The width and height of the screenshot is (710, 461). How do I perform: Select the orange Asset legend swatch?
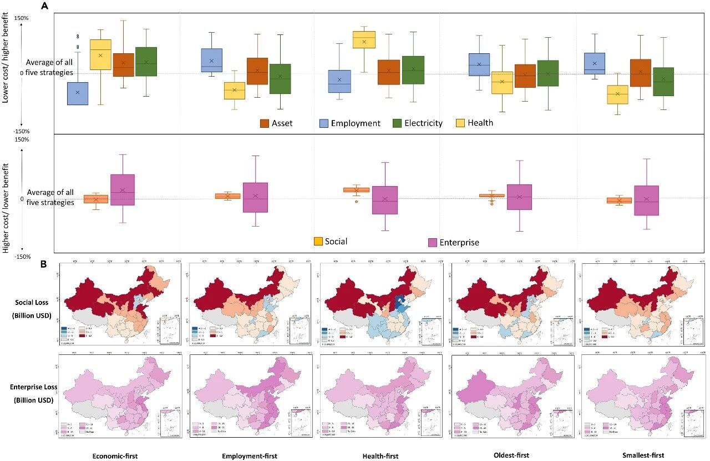(265, 123)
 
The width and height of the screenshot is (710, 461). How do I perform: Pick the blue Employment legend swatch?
(324, 123)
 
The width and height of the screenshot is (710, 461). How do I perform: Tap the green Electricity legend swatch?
(397, 123)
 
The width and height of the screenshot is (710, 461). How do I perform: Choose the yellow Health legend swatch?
(460, 123)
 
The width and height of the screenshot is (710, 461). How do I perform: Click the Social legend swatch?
(318, 241)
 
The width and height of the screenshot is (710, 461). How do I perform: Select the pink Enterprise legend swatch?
(433, 242)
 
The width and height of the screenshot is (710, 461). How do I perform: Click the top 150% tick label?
(21, 18)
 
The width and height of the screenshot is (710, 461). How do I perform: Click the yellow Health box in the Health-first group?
(364, 40)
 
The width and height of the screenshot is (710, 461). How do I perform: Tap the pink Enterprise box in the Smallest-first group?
(646, 201)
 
